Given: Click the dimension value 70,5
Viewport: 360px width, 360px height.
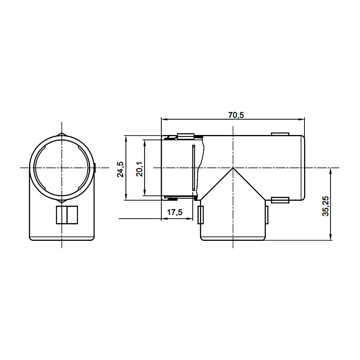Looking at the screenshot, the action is pyautogui.click(x=236, y=115).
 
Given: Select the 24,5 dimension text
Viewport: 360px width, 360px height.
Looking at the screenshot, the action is pyautogui.click(x=120, y=169).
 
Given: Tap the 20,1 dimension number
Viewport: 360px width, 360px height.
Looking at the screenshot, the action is pyautogui.click(x=139, y=169).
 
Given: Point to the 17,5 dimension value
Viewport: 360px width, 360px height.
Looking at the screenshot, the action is pyautogui.click(x=174, y=212).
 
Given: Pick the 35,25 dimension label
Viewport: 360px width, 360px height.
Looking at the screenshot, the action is pyautogui.click(x=326, y=206).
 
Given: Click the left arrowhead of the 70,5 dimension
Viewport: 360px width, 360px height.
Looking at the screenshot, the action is pyautogui.click(x=163, y=119).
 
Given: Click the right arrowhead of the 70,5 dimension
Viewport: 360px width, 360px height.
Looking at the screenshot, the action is pyautogui.click(x=302, y=119).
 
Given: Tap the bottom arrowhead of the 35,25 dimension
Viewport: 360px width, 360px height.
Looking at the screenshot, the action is pyautogui.click(x=331, y=238).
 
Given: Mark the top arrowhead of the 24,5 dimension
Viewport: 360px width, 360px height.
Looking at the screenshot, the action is pyautogui.click(x=126, y=139).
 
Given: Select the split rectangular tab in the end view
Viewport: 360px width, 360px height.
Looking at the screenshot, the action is pyautogui.click(x=67, y=215).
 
